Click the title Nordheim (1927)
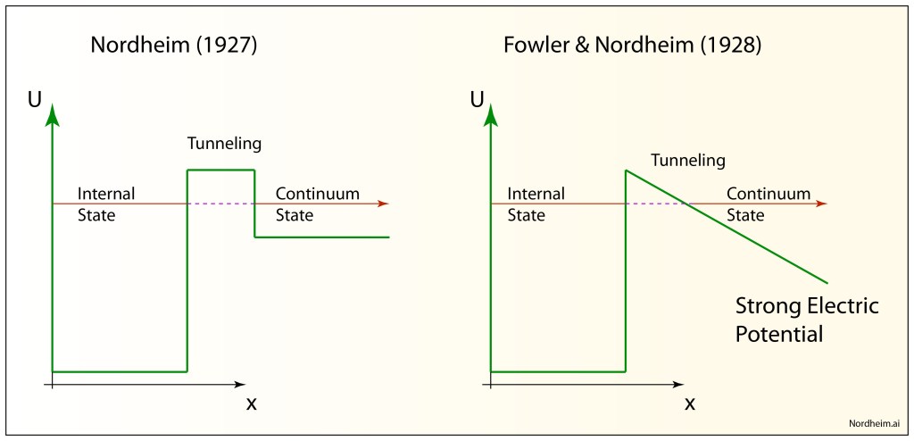point(174,46)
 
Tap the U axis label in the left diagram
point(34,99)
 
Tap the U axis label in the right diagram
point(477,99)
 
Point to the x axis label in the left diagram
point(251,404)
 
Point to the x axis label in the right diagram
point(690,404)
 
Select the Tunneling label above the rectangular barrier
point(224,144)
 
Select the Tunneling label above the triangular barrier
point(687,161)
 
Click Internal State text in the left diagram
point(105,204)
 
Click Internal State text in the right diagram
point(536,204)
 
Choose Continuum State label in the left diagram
point(317,204)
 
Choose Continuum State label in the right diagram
point(769,204)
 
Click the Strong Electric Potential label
point(806,320)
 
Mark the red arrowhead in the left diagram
point(383,204)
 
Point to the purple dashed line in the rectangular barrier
point(220,204)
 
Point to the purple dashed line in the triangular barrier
point(655,204)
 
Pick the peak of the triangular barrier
point(626,171)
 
